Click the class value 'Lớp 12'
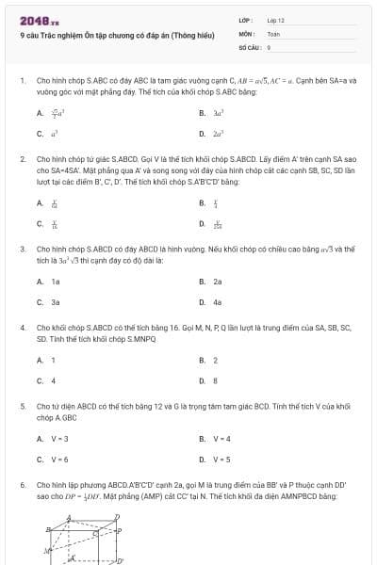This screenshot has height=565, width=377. [x=275, y=19]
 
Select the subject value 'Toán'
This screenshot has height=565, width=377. [x=273, y=32]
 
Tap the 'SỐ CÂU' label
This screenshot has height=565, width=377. [x=248, y=45]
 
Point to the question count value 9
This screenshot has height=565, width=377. [x=269, y=45]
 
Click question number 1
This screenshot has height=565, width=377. [x=23, y=81]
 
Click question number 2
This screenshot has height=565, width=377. [x=23, y=160]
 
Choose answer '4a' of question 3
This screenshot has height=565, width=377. [x=217, y=302]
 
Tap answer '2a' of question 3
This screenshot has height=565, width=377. [x=217, y=282]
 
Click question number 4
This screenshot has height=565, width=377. [x=23, y=328]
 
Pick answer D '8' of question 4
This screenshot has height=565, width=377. [x=215, y=380]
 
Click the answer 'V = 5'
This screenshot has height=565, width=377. [x=221, y=460]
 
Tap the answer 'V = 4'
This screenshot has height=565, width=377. [x=221, y=439]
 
